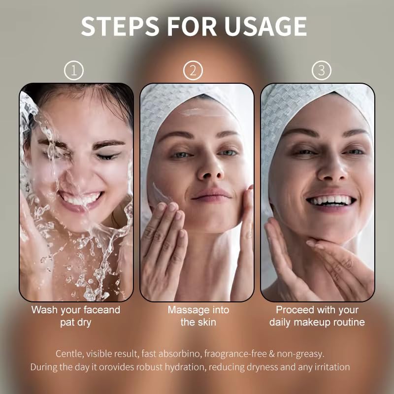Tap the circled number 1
point(74,70)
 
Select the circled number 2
point(193,70)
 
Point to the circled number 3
point(322,70)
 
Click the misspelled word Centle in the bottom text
point(68,354)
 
